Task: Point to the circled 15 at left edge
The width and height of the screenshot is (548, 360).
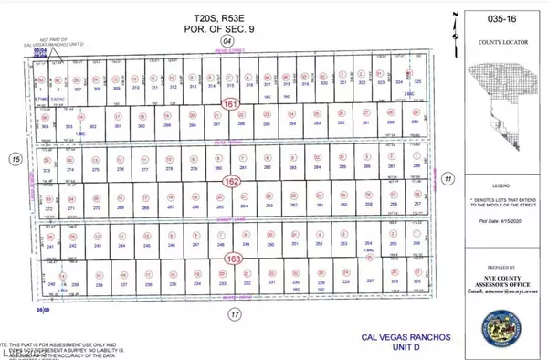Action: (14, 159)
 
